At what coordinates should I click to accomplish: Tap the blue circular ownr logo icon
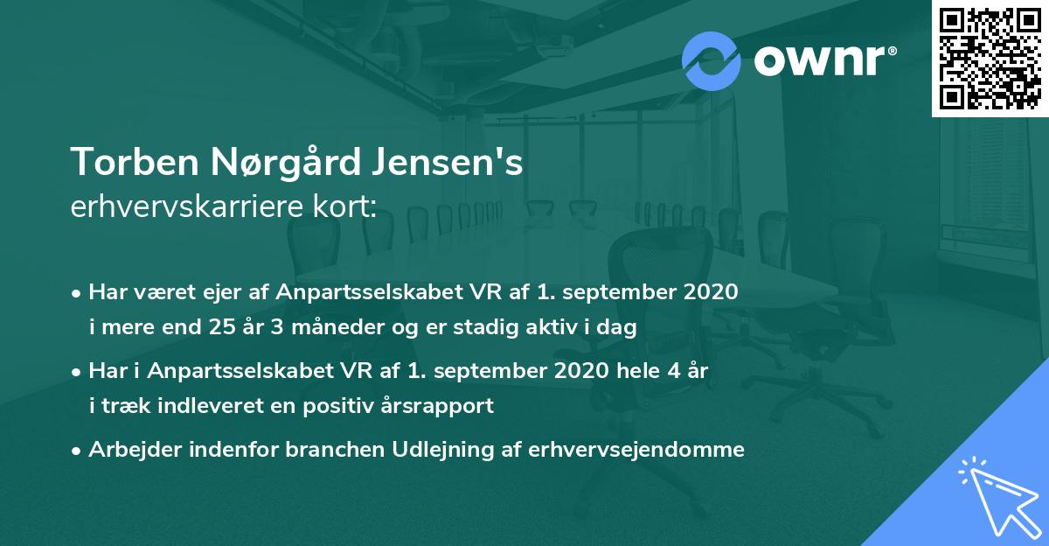(711, 61)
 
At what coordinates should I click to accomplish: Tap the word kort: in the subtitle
(349, 206)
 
